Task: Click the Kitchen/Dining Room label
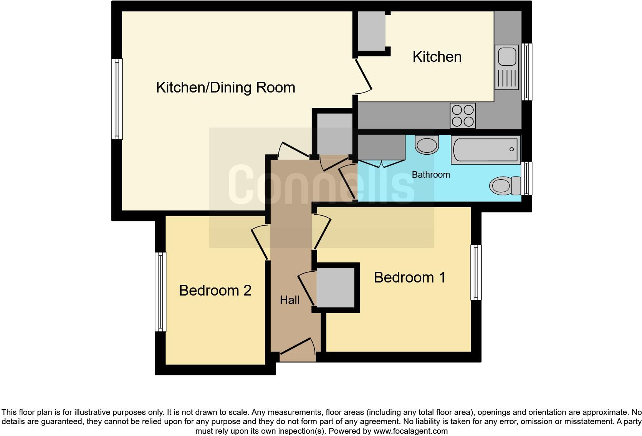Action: tap(225, 88)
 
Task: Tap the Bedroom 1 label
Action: tap(409, 277)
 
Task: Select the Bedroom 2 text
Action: tap(215, 291)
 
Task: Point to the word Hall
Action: tap(290, 300)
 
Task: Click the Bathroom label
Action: tap(430, 175)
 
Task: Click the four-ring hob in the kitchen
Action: tap(463, 116)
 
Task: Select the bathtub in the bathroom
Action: tap(486, 149)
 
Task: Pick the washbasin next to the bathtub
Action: tap(427, 145)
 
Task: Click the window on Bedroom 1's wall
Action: tap(476, 272)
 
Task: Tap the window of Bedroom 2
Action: tap(160, 292)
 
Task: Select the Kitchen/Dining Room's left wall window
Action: tap(117, 99)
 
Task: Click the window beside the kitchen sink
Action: tap(528, 71)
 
